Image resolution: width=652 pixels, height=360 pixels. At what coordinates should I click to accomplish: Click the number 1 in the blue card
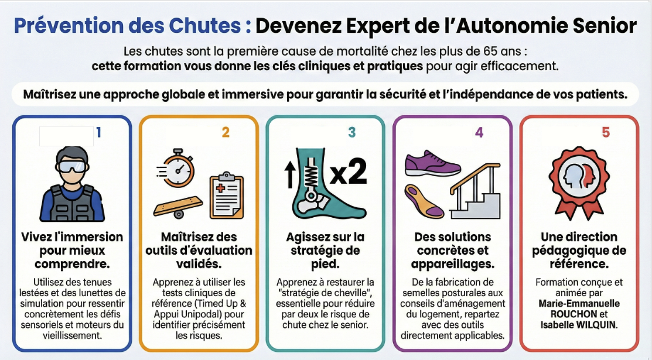[x=98, y=132]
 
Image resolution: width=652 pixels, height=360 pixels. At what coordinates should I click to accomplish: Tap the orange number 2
[x=226, y=132]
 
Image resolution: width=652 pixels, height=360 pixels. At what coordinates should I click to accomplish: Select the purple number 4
[x=479, y=132]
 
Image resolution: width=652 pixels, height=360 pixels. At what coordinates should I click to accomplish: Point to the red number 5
[x=606, y=132]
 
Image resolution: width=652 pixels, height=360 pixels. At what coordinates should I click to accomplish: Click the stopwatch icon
[x=177, y=167]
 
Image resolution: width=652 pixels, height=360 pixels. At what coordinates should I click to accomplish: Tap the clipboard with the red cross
[x=227, y=196]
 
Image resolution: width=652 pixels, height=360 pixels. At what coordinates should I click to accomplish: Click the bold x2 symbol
[x=349, y=172]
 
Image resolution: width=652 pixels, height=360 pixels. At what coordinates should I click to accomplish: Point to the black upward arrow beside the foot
[x=289, y=174]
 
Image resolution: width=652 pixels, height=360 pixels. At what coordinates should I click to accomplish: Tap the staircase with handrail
[x=475, y=191]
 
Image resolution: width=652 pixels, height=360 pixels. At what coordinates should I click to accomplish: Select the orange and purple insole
[x=424, y=201]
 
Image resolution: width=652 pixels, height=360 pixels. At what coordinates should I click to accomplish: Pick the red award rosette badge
[x=579, y=182]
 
